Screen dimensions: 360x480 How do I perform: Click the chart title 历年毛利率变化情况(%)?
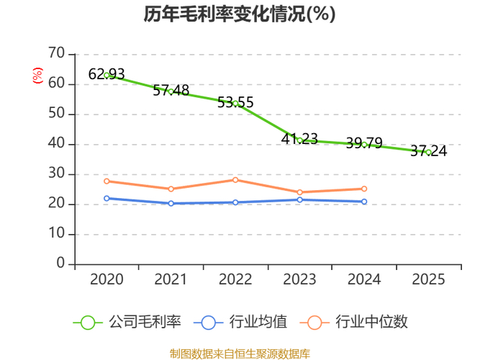pos(240,15)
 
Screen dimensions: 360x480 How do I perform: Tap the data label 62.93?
pos(107,74)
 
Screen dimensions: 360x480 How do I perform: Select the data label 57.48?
pos(171,91)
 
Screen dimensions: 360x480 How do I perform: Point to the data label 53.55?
pos(235,102)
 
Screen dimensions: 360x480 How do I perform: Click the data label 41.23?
pos(299,139)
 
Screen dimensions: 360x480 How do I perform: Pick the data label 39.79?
pos(364,143)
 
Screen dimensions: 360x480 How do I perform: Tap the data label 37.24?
pos(428,151)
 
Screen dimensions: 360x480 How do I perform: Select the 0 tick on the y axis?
pos(60,264)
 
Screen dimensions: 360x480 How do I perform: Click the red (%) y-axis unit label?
pos(37,75)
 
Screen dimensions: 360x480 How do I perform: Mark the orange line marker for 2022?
pos(235,179)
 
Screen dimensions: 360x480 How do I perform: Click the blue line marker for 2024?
pos(364,202)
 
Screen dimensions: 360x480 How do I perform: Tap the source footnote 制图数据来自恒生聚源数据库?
pos(240,354)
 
